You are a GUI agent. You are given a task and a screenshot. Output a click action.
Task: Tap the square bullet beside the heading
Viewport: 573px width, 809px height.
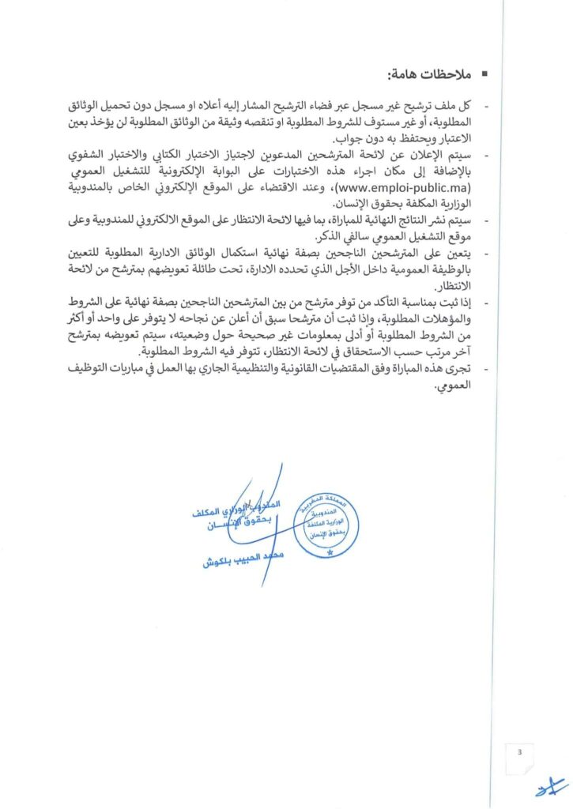(484, 75)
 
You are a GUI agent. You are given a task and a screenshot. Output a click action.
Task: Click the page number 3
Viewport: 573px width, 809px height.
(519, 752)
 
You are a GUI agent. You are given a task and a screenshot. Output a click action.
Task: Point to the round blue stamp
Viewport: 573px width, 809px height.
(327, 526)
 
